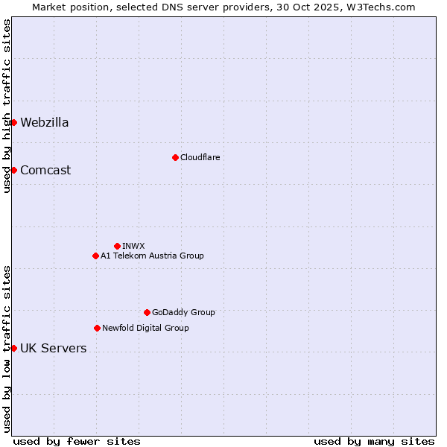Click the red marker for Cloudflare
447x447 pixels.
point(175,157)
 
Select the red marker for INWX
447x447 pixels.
point(117,246)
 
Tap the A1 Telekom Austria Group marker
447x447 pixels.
point(95,256)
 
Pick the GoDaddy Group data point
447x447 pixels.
point(147,312)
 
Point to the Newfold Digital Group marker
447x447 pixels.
point(97,328)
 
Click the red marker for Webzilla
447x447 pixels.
point(13,122)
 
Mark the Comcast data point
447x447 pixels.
point(13,170)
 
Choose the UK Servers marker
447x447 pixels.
point(13,348)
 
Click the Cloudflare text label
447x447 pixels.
point(200,157)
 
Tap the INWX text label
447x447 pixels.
point(133,246)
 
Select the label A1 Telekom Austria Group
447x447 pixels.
point(152,256)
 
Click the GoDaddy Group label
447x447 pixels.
point(183,312)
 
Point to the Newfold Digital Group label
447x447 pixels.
point(145,328)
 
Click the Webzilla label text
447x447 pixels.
point(45,122)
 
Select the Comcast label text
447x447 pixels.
point(45,170)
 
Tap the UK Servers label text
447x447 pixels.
point(54,348)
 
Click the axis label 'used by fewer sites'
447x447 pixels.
point(77,441)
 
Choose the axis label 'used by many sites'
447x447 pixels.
point(374,441)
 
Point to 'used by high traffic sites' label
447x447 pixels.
point(7,106)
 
